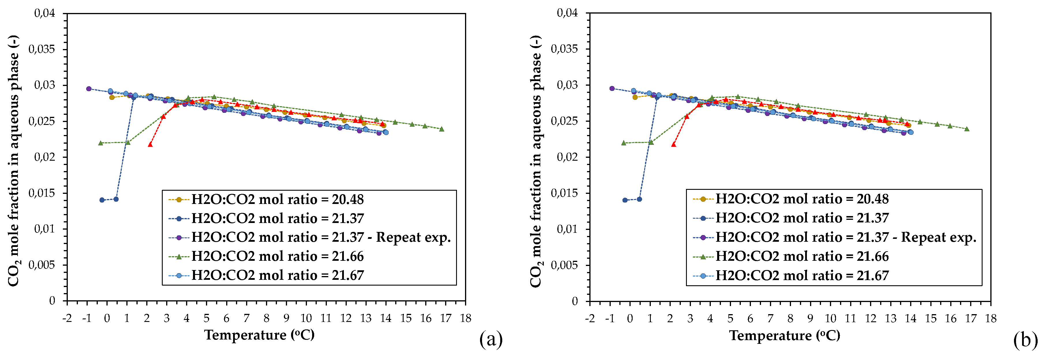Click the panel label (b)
tap(1025, 340)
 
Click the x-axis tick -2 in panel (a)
tap(67, 318)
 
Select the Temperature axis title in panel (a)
tap(259, 335)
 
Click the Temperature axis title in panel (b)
tap(785, 335)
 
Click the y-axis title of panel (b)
tap(535, 161)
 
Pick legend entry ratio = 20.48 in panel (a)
tap(277, 199)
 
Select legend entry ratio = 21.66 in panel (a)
tap(277, 256)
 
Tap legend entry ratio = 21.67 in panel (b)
tap(802, 276)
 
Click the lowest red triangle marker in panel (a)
tap(150, 144)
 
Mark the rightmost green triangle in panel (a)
tap(442, 129)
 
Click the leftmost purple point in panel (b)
tap(612, 88)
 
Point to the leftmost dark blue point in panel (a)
tap(102, 200)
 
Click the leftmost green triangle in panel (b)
tap(624, 143)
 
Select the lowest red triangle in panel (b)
tap(674, 144)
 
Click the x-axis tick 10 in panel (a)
tap(306, 318)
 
